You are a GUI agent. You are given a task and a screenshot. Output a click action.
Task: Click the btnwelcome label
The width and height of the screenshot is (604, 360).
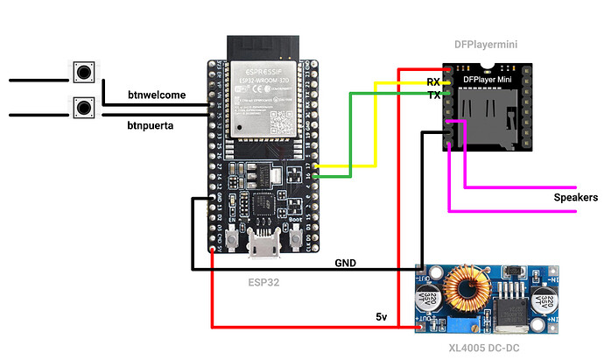(155, 95)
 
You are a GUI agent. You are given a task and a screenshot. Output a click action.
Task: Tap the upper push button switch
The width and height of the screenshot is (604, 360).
(83, 72)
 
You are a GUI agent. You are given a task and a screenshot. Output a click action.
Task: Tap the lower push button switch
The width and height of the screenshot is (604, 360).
(83, 107)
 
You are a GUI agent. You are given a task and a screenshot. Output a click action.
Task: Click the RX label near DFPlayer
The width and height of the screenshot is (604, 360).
(433, 81)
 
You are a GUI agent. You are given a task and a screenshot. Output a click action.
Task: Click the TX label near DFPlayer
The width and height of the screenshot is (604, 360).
(433, 95)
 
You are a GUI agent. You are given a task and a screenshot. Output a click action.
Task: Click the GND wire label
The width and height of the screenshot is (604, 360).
(347, 262)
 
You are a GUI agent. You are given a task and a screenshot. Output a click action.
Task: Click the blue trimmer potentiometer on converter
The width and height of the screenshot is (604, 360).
(459, 325)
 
